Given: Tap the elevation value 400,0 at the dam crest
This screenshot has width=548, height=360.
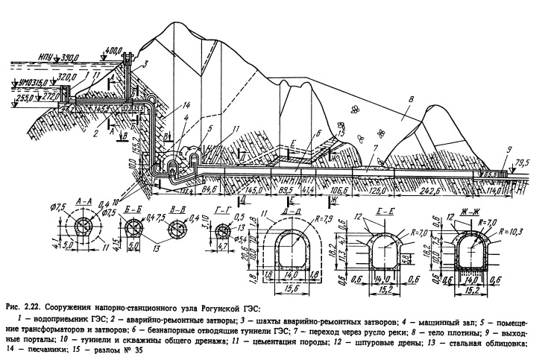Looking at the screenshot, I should click(113, 51).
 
